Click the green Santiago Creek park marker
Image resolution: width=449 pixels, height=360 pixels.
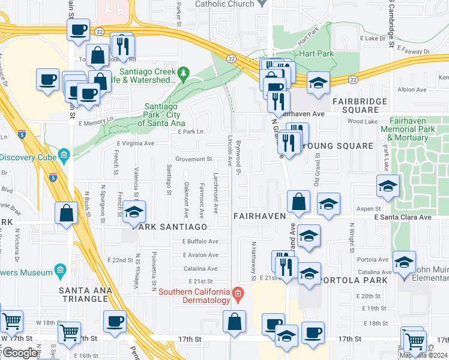pos(185,75)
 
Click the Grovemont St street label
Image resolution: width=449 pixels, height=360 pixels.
pos(194,160)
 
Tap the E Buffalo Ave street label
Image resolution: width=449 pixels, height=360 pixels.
pos(200,241)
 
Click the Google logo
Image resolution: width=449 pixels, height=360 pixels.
pos(19,353)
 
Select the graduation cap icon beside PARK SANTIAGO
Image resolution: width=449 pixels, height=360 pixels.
pos(133,213)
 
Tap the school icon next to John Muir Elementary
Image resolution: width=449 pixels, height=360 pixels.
pos(405,262)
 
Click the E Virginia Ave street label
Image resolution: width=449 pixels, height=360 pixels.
pos(136,144)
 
